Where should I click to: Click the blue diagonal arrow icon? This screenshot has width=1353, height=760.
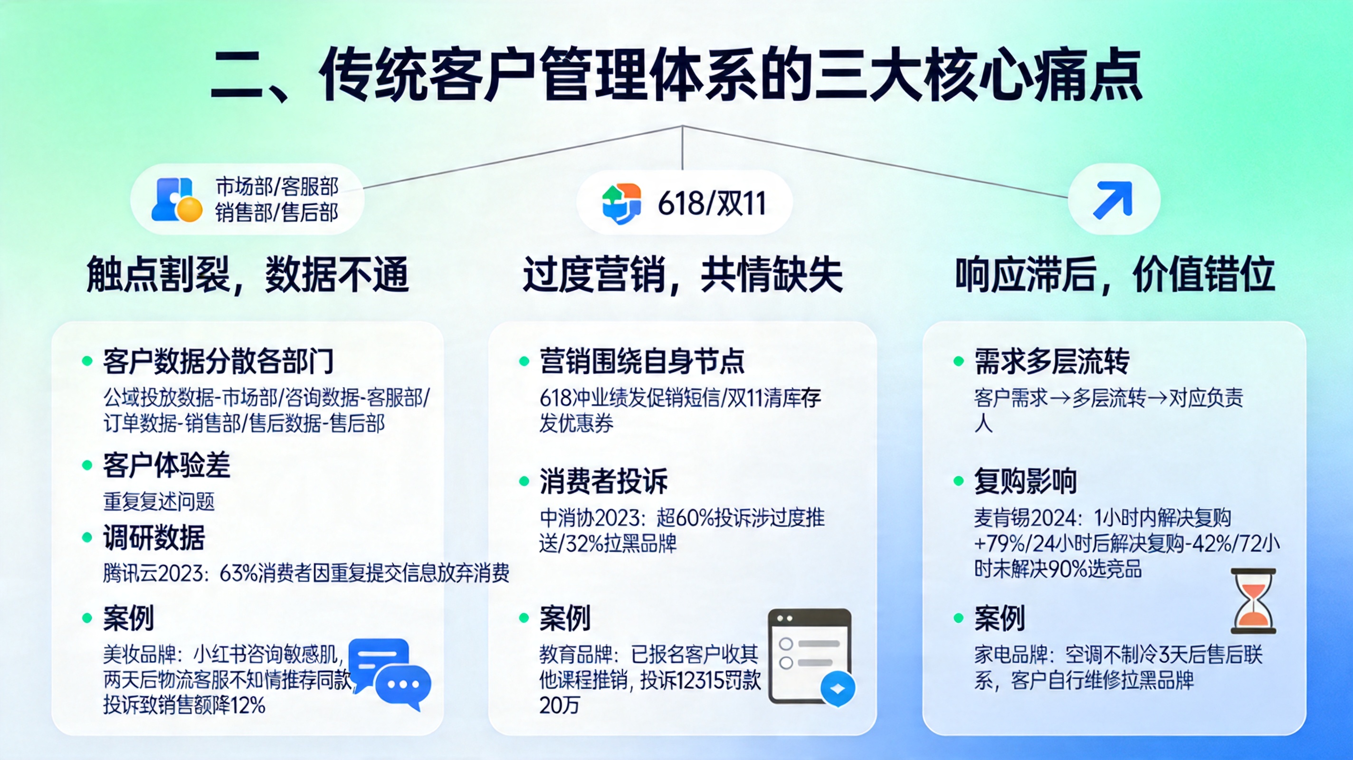pyautogui.click(x=1113, y=199)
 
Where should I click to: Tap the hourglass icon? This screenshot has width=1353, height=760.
pyautogui.click(x=1254, y=601)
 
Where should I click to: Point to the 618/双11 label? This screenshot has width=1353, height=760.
pyautogui.click(x=712, y=203)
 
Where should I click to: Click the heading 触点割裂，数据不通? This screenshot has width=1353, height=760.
pyautogui.click(x=248, y=275)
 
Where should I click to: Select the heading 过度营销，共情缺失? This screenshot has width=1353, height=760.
pyautogui.click(x=683, y=275)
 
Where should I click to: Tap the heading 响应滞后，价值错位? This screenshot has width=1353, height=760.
pyautogui.click(x=1115, y=275)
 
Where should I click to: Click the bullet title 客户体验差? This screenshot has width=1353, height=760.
pyautogui.click(x=166, y=465)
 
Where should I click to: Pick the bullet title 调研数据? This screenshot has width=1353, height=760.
pyautogui.click(x=154, y=538)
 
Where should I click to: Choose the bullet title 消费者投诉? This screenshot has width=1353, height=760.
pyautogui.click(x=603, y=481)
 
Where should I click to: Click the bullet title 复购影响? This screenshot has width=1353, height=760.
pyautogui.click(x=1025, y=481)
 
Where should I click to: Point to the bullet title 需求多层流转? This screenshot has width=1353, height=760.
pyautogui.click(x=1051, y=361)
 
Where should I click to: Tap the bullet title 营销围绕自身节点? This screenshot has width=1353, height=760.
pyautogui.click(x=642, y=361)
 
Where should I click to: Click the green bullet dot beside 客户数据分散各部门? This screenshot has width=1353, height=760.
pyautogui.click(x=87, y=361)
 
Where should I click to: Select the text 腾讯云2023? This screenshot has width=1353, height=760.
pyautogui.click(x=153, y=573)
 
